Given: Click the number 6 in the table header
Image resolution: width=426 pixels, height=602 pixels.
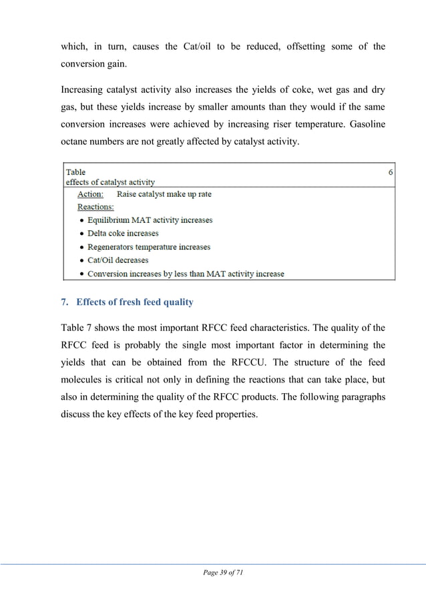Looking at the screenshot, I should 391,172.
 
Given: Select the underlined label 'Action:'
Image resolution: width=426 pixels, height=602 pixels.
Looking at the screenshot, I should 90,194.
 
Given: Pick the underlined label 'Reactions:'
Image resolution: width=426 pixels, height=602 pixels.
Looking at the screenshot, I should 95,207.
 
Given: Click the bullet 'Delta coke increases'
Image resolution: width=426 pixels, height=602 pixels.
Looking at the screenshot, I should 123,234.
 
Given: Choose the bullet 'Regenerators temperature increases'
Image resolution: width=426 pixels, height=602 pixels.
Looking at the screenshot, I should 149,247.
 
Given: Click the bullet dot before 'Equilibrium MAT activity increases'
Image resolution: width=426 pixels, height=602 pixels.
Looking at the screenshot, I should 81,220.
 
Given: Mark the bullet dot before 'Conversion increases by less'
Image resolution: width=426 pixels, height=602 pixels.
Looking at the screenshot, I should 81,274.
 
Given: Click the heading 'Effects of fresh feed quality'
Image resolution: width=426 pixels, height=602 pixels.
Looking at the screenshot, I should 134,302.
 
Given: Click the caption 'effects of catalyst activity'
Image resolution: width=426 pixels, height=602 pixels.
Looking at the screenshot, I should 110,182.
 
